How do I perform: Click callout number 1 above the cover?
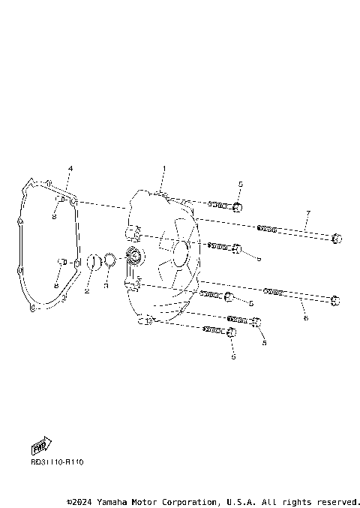165,168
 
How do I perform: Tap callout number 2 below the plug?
87,290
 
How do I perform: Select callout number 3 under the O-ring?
106,287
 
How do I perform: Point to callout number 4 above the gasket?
70,168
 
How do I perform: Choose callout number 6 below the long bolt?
305,318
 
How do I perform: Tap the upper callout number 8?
55,216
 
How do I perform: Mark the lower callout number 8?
56,286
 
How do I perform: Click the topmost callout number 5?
240,184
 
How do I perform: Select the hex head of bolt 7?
336,239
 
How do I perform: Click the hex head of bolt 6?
335,301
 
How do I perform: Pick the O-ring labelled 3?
109,260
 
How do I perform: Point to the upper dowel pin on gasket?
63,200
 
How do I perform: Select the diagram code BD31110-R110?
57,462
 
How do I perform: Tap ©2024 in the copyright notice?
79,501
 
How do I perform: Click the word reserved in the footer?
338,501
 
